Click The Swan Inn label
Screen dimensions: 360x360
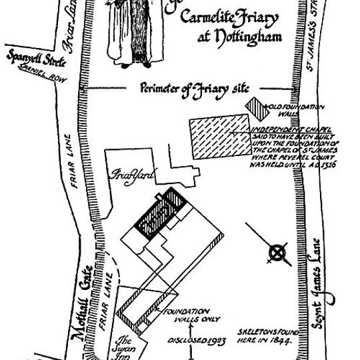tap(126, 346)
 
